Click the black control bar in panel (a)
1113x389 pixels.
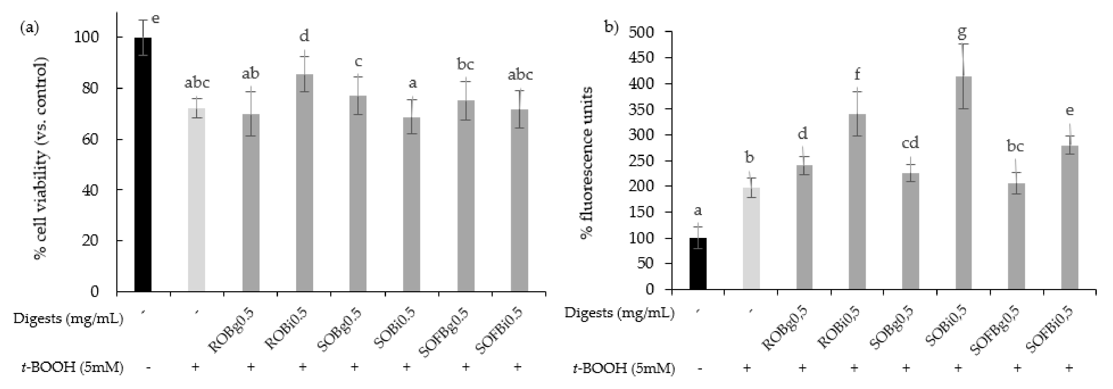[143, 164]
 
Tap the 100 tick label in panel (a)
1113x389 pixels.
[86, 38]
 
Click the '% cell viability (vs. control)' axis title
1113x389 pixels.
[41, 158]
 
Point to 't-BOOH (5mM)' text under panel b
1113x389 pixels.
[624, 368]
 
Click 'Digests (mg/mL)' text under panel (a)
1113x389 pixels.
[68, 319]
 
